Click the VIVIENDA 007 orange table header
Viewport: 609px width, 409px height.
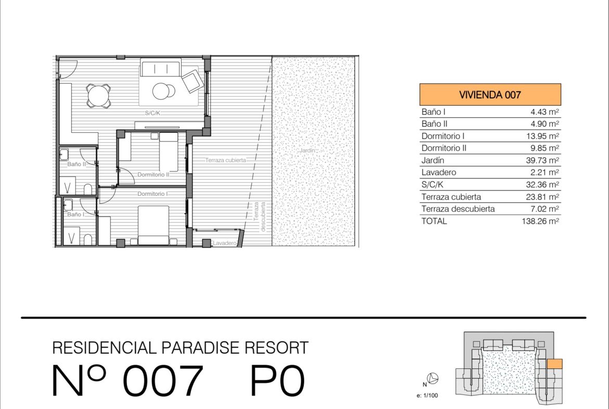click(x=490, y=94)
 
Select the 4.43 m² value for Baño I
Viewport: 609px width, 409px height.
click(x=544, y=112)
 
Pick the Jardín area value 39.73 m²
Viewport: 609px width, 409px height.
click(x=542, y=160)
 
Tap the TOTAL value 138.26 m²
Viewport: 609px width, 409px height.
click(x=540, y=221)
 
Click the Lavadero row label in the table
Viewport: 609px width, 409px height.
click(x=438, y=172)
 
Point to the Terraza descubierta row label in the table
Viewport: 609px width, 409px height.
click(x=458, y=209)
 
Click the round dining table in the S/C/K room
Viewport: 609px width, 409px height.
click(x=98, y=95)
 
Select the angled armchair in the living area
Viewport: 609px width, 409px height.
click(x=192, y=81)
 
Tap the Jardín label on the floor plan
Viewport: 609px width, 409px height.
click(x=307, y=151)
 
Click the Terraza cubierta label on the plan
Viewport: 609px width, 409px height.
click(x=225, y=160)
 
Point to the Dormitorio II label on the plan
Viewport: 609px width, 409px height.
click(x=154, y=175)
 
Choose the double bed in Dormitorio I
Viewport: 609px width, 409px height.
click(x=154, y=225)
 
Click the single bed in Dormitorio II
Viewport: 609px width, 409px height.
click(x=168, y=152)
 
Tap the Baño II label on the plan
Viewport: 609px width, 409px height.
click(x=77, y=164)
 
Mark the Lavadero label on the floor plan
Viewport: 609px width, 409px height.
click(x=225, y=243)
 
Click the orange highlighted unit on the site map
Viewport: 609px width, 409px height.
click(x=555, y=364)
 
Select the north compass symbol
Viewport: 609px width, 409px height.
click(x=432, y=378)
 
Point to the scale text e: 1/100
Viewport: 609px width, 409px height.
click(x=427, y=395)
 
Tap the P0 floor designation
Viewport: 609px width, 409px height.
click(x=277, y=380)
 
